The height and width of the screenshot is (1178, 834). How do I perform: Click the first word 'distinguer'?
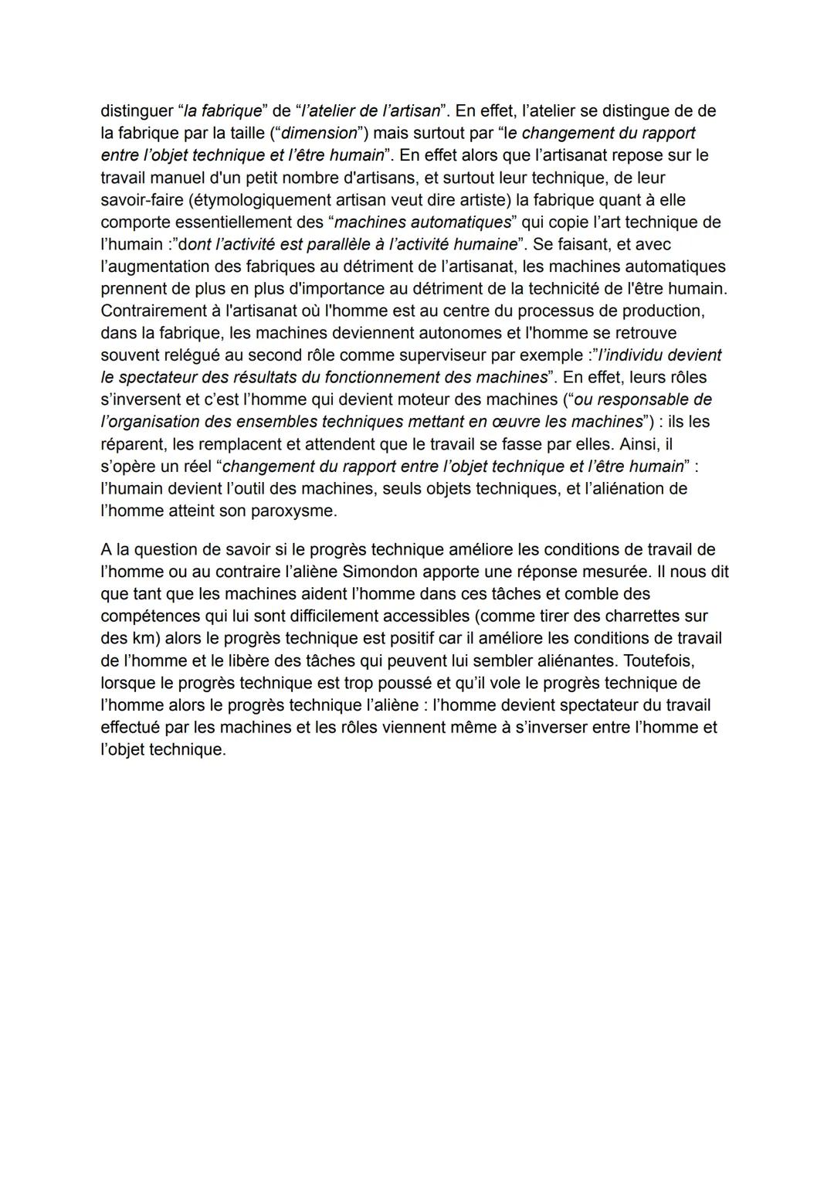(x=137, y=110)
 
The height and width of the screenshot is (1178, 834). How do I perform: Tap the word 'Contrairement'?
(x=153, y=311)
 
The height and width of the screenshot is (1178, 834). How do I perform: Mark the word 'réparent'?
(x=132, y=444)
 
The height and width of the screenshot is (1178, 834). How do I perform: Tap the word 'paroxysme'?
(x=296, y=511)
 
